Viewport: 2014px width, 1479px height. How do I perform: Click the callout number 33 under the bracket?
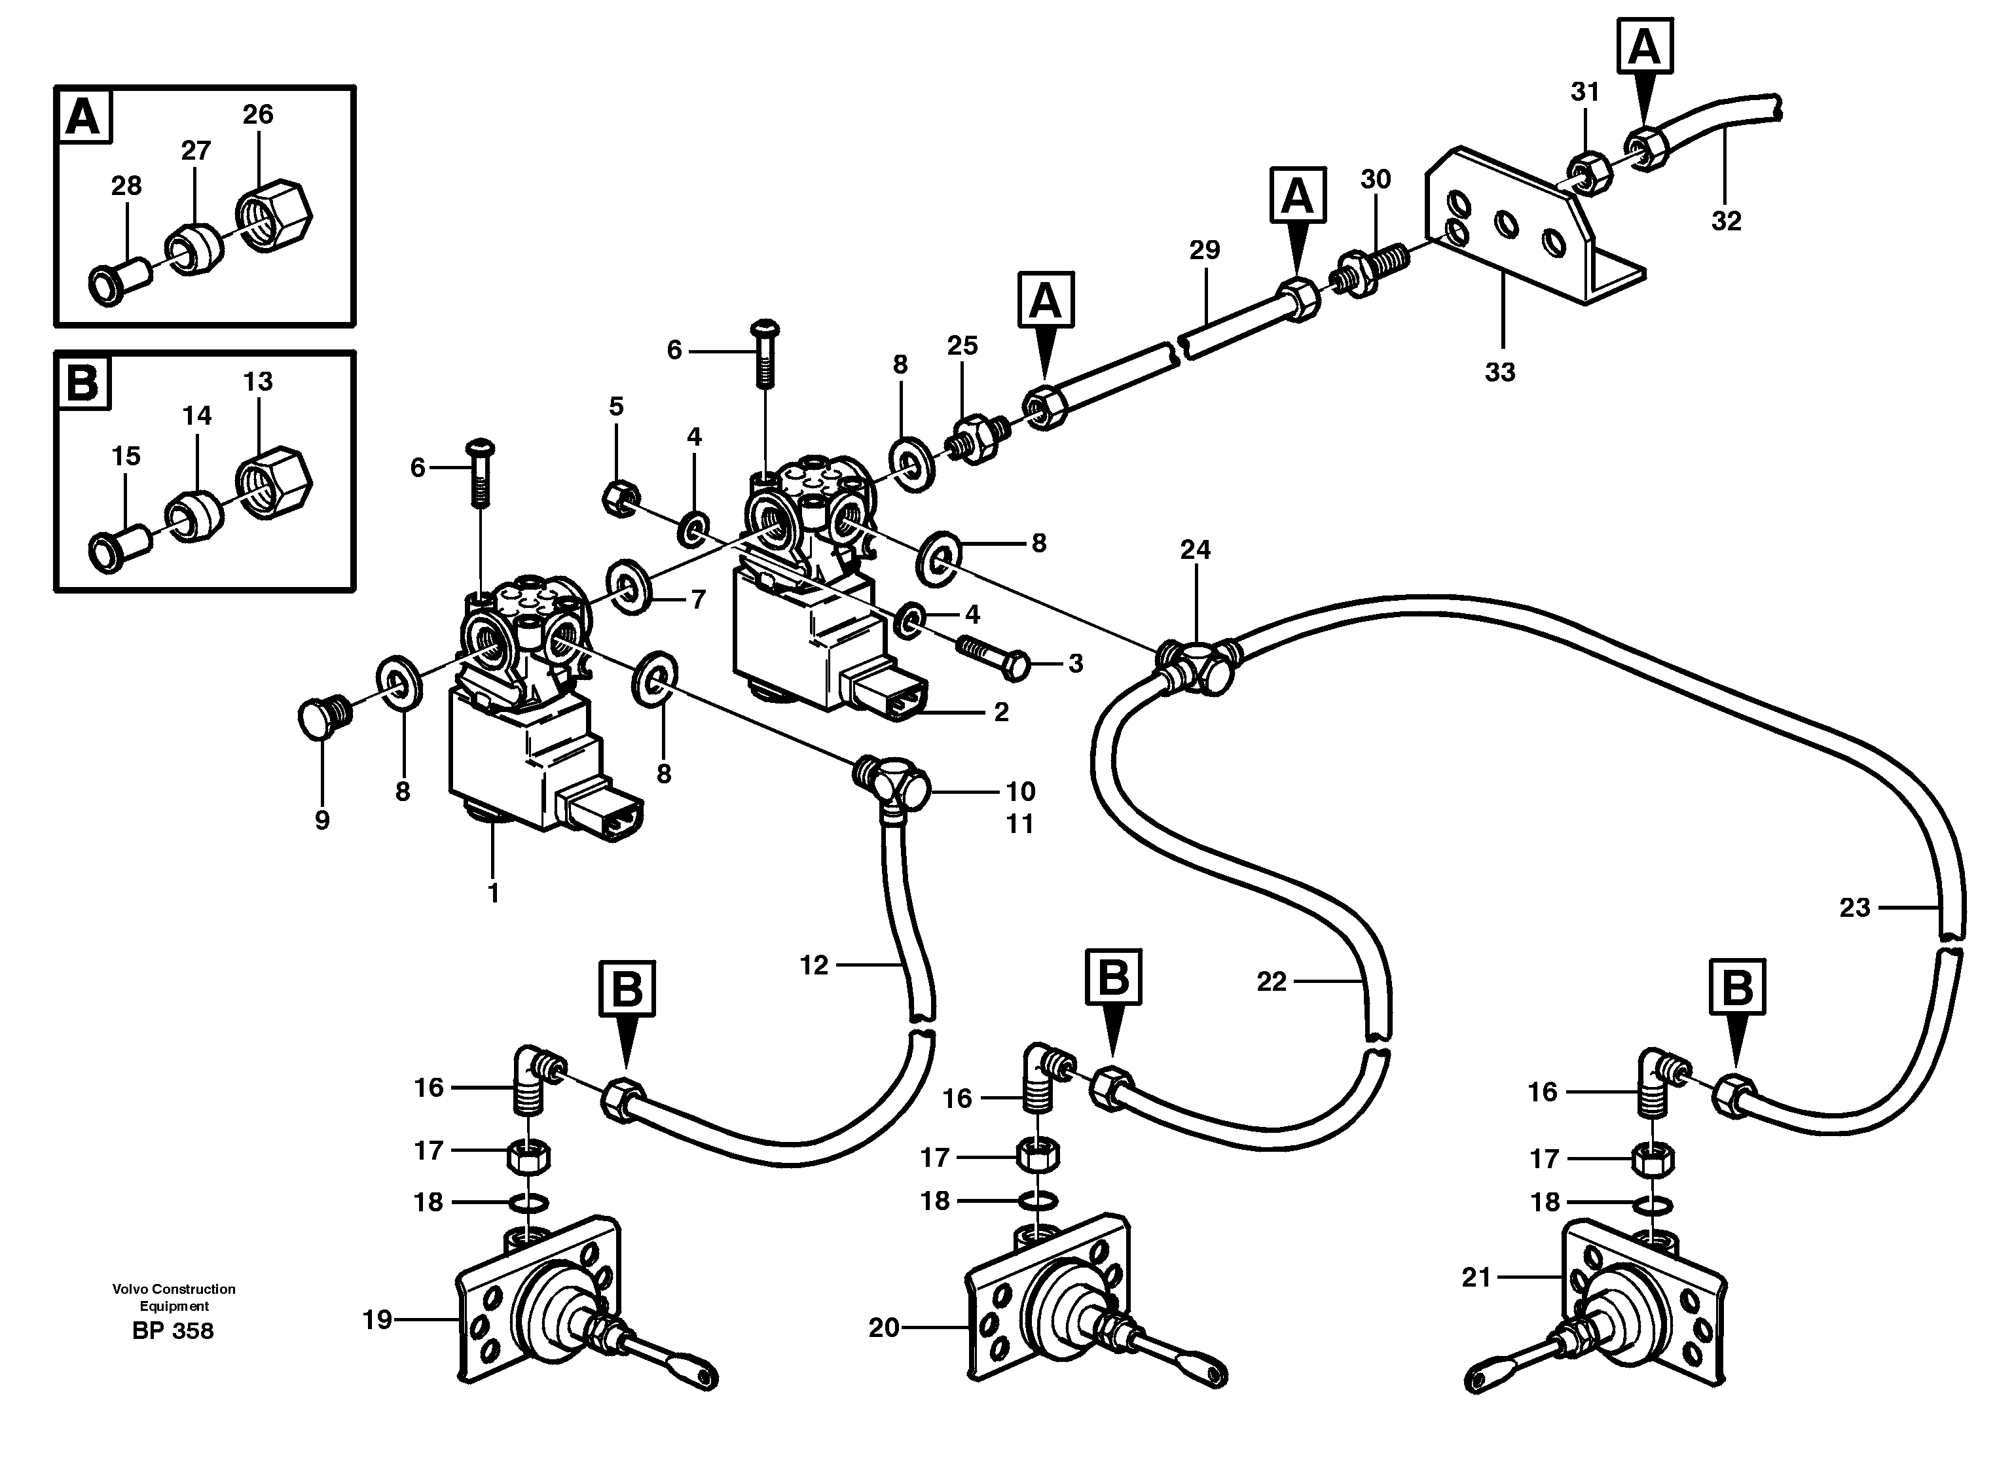pyautogui.click(x=1499, y=372)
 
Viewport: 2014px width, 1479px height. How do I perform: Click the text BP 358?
pyautogui.click(x=172, y=1331)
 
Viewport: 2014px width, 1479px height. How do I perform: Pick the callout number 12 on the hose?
pyautogui.click(x=813, y=965)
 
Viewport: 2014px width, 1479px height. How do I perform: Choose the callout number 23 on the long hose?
pyautogui.click(x=1854, y=908)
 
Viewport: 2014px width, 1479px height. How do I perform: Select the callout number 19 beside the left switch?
pyautogui.click(x=377, y=1319)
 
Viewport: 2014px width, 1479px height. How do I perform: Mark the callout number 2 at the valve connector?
pyautogui.click(x=1000, y=712)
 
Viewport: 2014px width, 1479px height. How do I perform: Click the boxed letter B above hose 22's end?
pyautogui.click(x=1112, y=977)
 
